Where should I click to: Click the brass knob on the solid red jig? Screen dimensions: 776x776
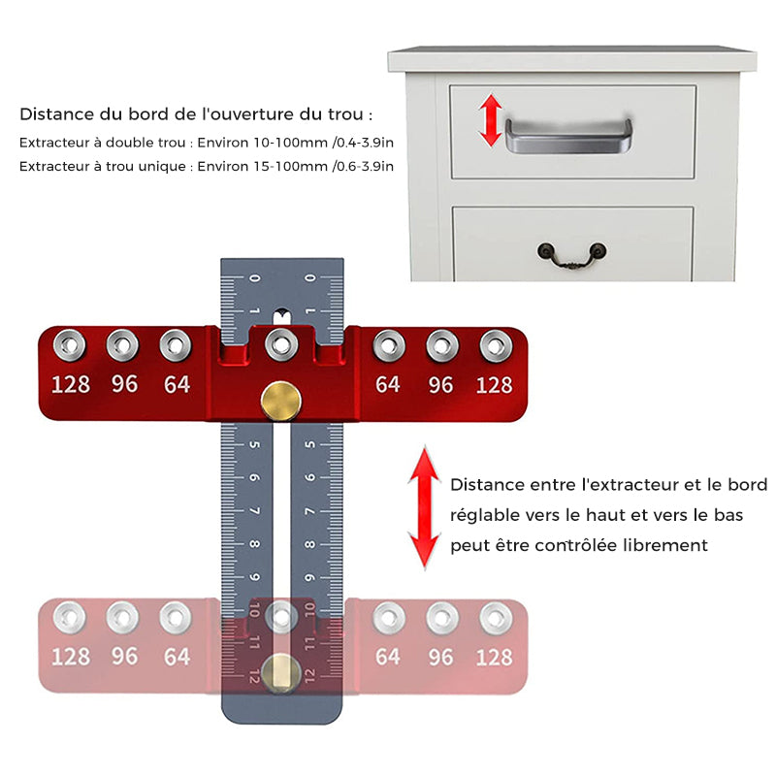[x=280, y=401]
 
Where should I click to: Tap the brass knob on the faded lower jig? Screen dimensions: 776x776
[x=280, y=673]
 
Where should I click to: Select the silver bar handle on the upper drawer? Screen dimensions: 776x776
[x=568, y=136]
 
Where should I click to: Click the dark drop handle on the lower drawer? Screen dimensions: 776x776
[x=572, y=255]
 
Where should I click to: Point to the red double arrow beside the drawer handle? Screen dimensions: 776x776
[x=491, y=120]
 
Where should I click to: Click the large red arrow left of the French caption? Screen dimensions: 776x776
[x=425, y=507]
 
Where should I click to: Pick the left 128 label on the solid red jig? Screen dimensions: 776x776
[x=71, y=384]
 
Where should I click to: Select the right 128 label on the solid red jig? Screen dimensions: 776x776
[x=494, y=385]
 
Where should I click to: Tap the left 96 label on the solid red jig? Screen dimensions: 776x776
[x=124, y=384]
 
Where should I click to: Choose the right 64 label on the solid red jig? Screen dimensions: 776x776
[x=387, y=384]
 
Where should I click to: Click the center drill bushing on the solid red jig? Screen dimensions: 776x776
[x=281, y=344]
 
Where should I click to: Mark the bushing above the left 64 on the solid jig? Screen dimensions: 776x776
[x=176, y=345]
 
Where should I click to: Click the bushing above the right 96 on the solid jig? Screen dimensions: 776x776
[x=442, y=346]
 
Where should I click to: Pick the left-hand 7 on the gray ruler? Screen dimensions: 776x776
[x=254, y=510]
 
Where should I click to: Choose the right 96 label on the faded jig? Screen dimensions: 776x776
[x=440, y=658]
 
